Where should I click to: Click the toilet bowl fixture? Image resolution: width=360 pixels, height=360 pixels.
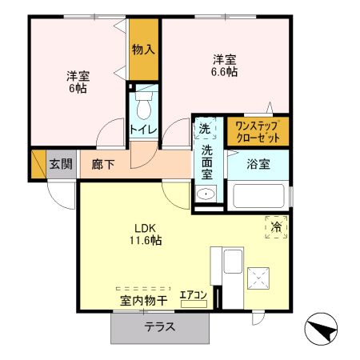pos(144,106)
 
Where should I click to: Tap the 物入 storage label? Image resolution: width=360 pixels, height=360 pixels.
pos(143,50)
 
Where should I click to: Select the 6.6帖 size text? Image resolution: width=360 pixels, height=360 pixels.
pos(224,72)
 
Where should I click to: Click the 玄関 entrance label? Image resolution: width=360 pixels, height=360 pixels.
pos(61,164)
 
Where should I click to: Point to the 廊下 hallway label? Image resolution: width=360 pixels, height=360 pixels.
pos(103,165)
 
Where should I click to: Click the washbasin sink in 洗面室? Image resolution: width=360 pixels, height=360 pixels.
pos(206,194)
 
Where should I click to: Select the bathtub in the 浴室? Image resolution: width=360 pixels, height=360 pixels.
pos(258,196)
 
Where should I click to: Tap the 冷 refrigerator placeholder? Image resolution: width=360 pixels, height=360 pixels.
pos(276,226)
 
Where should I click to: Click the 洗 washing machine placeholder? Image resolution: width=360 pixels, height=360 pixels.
pos(205,129)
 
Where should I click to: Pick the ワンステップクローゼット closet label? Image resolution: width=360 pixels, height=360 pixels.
pos(258,132)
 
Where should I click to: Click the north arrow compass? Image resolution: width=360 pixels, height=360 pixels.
pos(321,329)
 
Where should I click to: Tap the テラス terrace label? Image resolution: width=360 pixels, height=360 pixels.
pos(160,327)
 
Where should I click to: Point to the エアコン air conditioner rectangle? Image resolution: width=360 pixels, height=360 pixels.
pos(194,304)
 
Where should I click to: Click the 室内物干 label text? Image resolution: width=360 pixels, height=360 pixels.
pos(144,301)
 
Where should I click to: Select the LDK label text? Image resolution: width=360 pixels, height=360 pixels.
pos(145,229)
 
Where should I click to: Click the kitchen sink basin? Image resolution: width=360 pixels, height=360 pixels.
pos(233,262)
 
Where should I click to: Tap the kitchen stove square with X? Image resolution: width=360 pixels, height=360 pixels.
pos(258,278)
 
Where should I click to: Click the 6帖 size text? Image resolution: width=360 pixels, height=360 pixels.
pos(78,88)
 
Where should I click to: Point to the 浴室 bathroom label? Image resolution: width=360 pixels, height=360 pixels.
pos(258,164)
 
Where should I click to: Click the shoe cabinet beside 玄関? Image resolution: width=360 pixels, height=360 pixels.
pos(38,164)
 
